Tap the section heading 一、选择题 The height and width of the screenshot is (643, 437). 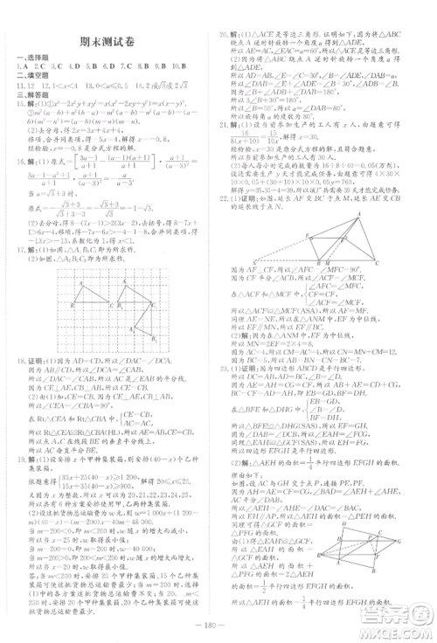31,58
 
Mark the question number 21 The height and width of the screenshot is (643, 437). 225,124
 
